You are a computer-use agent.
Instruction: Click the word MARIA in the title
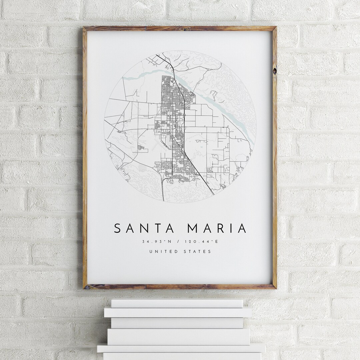tap(217, 228)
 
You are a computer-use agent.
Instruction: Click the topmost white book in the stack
tap(177, 303)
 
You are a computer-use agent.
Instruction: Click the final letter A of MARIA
tap(242, 228)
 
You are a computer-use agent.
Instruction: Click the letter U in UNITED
tap(151, 251)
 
